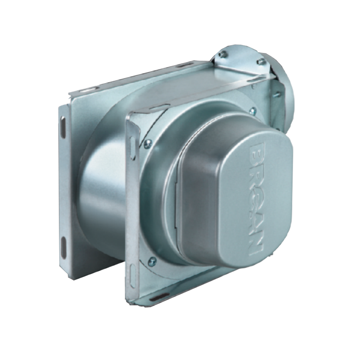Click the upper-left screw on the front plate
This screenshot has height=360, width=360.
[148, 143]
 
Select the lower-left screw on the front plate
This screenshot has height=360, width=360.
[152, 261]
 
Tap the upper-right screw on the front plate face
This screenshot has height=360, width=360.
[253, 111]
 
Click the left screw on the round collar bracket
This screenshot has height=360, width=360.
[222, 54]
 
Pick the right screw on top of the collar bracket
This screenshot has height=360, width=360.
[260, 61]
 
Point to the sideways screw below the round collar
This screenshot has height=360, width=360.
[277, 94]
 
